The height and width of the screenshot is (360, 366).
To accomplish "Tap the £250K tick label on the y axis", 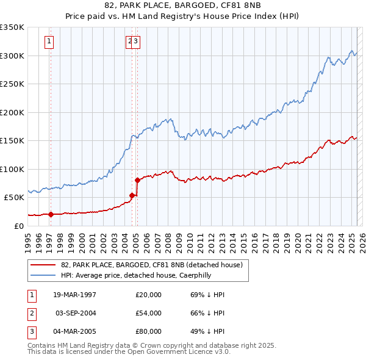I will pos(12,84).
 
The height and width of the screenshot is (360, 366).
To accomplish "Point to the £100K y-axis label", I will pos(12,169).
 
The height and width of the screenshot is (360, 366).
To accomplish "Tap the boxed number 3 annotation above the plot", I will pos(135,41).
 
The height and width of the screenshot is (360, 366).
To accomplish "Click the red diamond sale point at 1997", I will pos(51,215).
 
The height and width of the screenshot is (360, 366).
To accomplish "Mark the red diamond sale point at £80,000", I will pos(137,180).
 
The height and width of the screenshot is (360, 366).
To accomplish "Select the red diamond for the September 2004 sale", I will pos(132,195).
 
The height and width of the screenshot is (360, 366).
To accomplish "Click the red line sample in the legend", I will pos(43,265).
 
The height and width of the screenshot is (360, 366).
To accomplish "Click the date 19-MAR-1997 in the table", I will pos(74,295).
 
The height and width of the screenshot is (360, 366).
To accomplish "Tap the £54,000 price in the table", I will pos(148,313).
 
